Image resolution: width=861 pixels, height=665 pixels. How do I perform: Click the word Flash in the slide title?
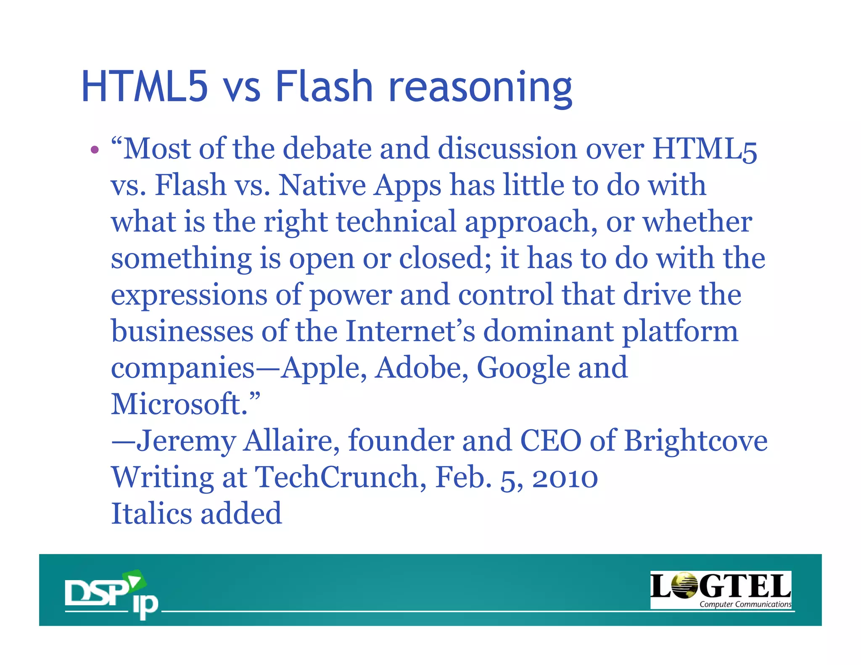coord(324,86)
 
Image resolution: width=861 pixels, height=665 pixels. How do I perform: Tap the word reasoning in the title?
coord(480,88)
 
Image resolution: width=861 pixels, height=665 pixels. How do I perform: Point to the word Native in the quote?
coord(322,185)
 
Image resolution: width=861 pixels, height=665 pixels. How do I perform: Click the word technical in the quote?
coord(396,222)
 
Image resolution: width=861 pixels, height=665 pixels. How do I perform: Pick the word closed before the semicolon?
coord(441,258)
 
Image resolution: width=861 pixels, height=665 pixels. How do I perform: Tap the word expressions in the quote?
coord(189,295)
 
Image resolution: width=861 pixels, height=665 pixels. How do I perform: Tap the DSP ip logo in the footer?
coord(111,594)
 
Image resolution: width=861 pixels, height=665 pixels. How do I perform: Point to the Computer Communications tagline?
coord(745,604)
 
